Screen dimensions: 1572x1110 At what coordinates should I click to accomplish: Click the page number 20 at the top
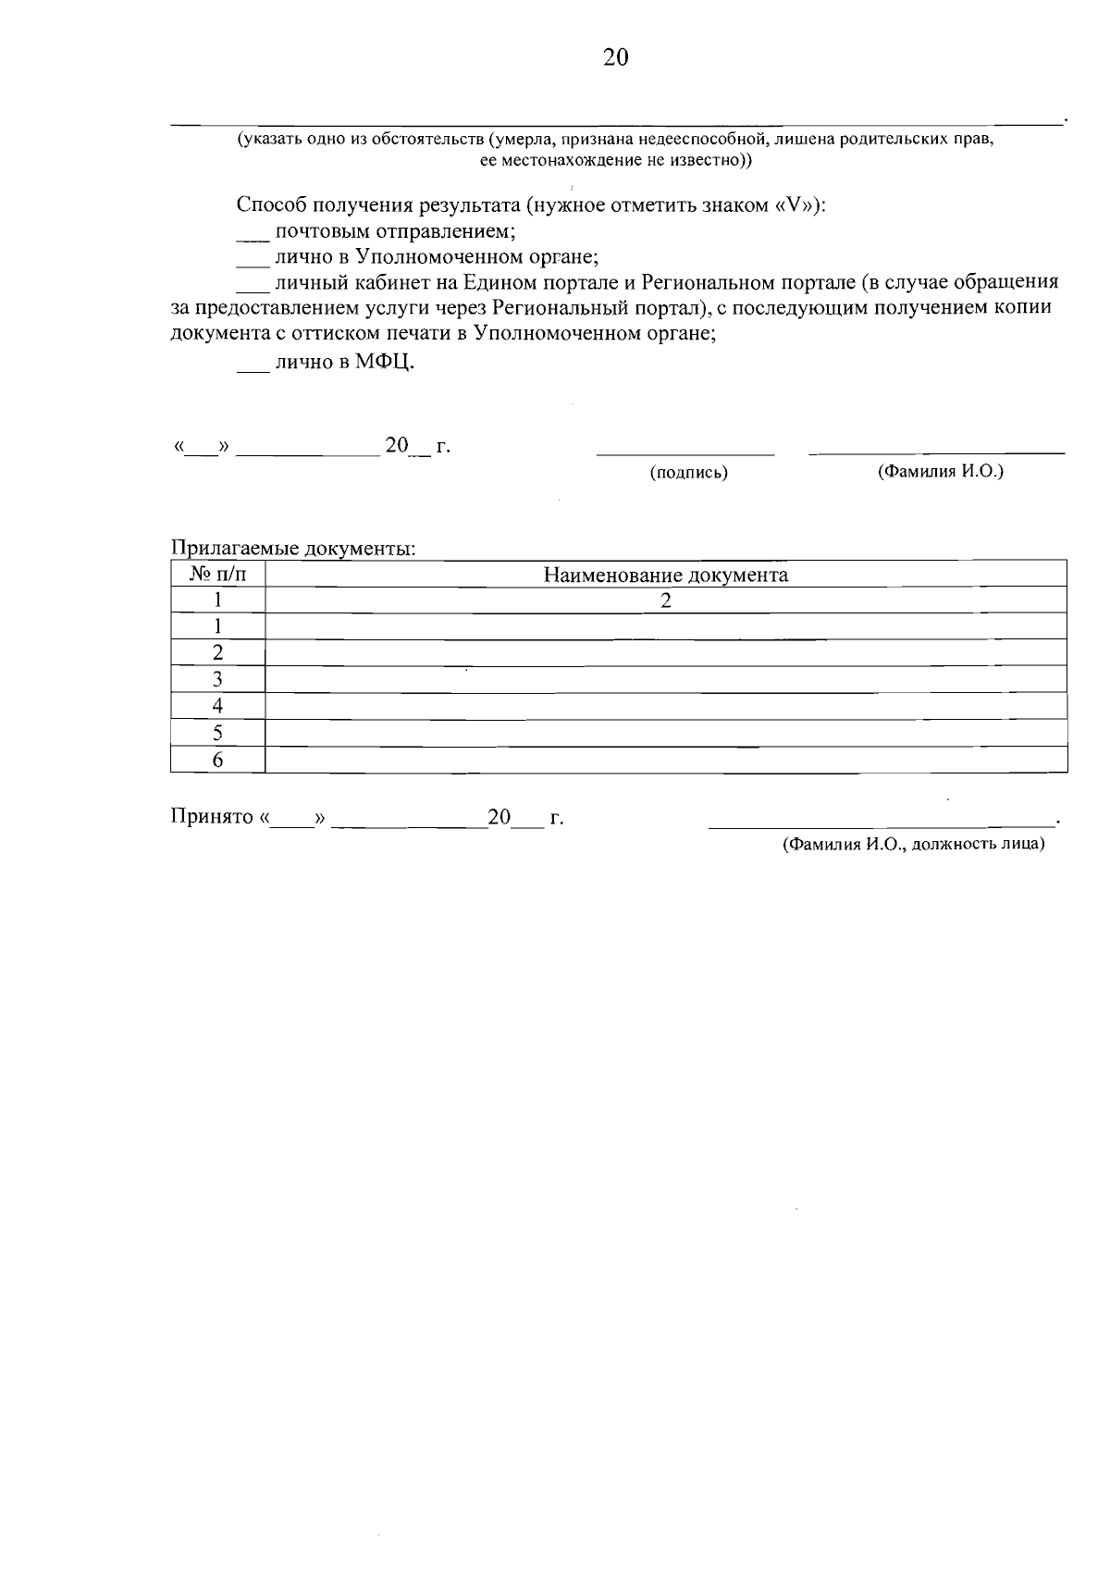[x=615, y=58]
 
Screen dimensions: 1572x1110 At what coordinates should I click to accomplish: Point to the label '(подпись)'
[x=688, y=473]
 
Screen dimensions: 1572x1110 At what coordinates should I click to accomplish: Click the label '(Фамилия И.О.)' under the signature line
[x=941, y=471]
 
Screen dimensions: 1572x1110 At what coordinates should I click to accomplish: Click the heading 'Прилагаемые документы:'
[x=293, y=549]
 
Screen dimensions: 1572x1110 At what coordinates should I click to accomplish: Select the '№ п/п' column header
[x=218, y=575]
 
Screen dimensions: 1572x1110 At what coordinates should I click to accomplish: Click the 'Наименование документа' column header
[x=665, y=575]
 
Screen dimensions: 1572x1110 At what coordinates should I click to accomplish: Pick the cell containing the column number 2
[x=665, y=600]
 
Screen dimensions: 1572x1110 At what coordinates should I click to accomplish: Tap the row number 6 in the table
[x=218, y=761]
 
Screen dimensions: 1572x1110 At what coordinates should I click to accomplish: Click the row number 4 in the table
[x=218, y=706]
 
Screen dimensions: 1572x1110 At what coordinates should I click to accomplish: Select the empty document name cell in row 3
[x=665, y=679]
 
